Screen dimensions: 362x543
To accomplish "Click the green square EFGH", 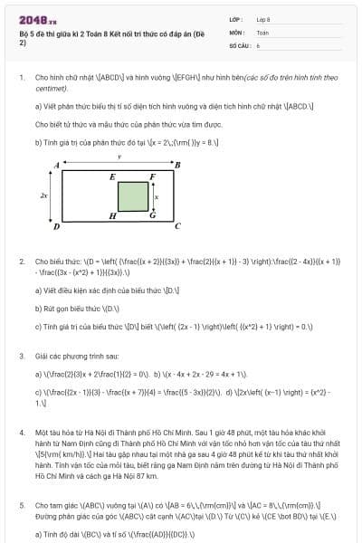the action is pyautogui.click(x=133, y=195).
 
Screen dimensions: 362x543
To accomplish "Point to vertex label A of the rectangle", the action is pyautogui.click(x=56, y=165).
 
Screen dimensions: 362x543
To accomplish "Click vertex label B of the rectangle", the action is pyautogui.click(x=177, y=165).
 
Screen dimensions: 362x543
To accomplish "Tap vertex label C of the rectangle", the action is pyautogui.click(x=177, y=226).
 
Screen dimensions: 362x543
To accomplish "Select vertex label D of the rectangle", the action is pyautogui.click(x=56, y=226).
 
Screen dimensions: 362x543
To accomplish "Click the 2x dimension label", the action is pyautogui.click(x=44, y=195).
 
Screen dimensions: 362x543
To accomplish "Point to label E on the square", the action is pyautogui.click(x=111, y=176).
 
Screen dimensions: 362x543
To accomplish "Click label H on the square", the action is pyautogui.click(x=111, y=216).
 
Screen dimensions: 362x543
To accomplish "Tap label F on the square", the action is pyautogui.click(x=153, y=176).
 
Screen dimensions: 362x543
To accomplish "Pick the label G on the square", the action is pyautogui.click(x=152, y=215).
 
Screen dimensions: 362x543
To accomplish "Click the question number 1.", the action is pyautogui.click(x=21, y=78).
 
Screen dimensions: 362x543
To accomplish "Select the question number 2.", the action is pyautogui.click(x=21, y=262).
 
